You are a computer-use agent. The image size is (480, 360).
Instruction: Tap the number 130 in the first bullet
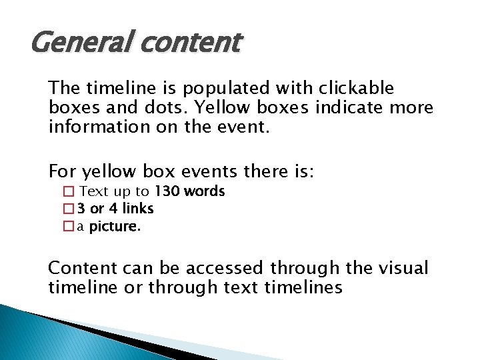point(167,191)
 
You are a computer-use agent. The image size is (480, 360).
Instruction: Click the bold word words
point(205,191)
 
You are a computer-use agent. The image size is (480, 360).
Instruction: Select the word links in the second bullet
point(137,209)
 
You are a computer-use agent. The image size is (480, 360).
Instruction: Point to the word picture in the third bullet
point(115,227)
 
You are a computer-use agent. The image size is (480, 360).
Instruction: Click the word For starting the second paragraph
point(63,172)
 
